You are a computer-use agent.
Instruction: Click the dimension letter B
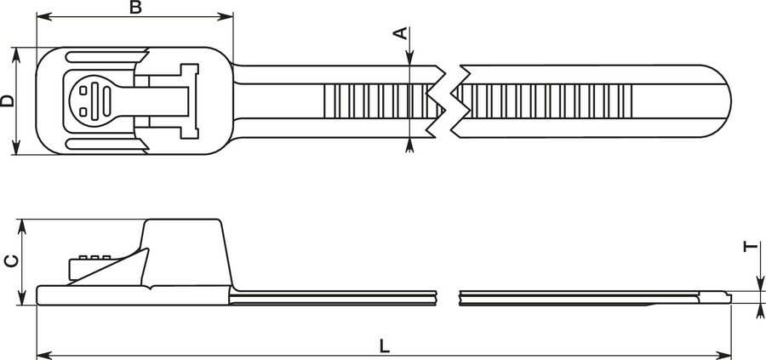[135, 7]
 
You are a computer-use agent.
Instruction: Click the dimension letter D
[8, 101]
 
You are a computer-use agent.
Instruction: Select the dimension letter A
[401, 33]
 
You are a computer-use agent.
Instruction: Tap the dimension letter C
[11, 260]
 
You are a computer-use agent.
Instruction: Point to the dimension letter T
[752, 247]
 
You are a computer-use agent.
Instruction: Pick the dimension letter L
[385, 346]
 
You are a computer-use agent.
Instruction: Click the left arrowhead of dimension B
[44, 17]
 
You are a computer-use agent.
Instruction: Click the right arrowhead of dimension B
[226, 17]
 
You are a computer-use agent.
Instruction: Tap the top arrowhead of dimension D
[16, 55]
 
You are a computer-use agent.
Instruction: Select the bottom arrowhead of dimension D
[16, 147]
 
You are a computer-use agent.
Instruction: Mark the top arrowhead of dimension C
[22, 227]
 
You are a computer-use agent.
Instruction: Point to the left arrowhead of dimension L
[44, 355]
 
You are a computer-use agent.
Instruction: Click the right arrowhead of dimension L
[723, 355]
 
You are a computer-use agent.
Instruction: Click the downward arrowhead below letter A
[409, 57]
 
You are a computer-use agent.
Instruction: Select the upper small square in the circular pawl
[83, 90]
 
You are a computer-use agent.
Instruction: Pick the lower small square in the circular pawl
[83, 111]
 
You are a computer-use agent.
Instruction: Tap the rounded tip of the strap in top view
[722, 101]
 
